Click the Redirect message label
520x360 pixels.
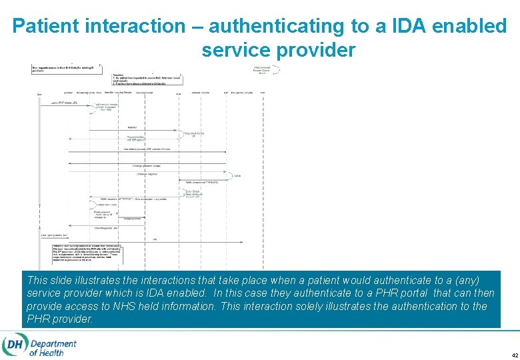[x=132, y=127]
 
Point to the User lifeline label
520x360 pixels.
[x=39, y=93]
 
